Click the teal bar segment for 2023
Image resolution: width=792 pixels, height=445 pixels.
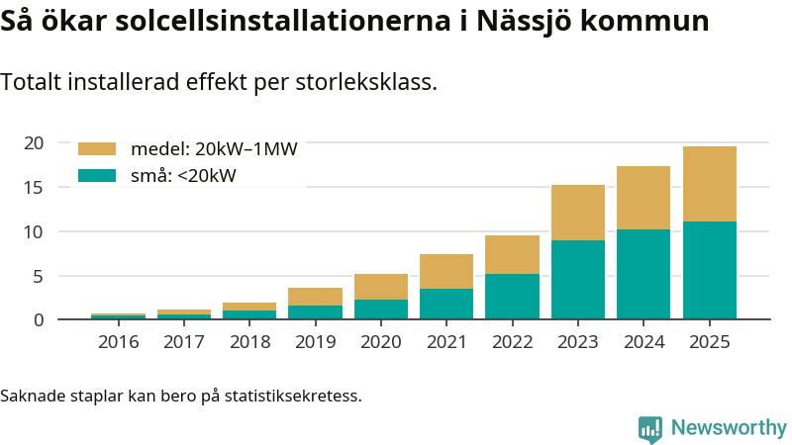(x=577, y=279)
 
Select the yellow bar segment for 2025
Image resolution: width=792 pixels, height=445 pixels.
(x=709, y=183)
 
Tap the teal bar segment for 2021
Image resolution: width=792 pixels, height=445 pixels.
(x=446, y=304)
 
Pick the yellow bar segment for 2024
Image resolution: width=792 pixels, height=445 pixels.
(x=643, y=197)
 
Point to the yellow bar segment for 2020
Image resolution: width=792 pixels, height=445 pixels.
(x=380, y=287)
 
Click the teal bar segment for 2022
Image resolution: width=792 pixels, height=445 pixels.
(x=512, y=296)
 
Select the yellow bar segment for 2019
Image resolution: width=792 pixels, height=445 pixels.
(x=315, y=297)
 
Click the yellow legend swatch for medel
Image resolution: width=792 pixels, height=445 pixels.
(x=97, y=149)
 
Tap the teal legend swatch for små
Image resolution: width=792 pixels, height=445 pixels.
(x=97, y=176)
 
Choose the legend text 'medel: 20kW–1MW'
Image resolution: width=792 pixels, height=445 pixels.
(x=214, y=149)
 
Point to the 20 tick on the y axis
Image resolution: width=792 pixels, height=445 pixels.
(x=34, y=143)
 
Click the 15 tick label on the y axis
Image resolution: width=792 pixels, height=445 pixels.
(x=34, y=188)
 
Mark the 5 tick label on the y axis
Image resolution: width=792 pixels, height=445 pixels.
(x=38, y=276)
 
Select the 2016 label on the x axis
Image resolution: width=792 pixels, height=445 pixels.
(x=118, y=342)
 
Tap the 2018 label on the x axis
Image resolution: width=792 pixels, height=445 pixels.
(x=249, y=342)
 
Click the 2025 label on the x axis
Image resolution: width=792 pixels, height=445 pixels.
(x=709, y=342)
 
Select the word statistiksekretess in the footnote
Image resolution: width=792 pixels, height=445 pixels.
(x=292, y=397)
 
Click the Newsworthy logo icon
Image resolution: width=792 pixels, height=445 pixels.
(x=650, y=428)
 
